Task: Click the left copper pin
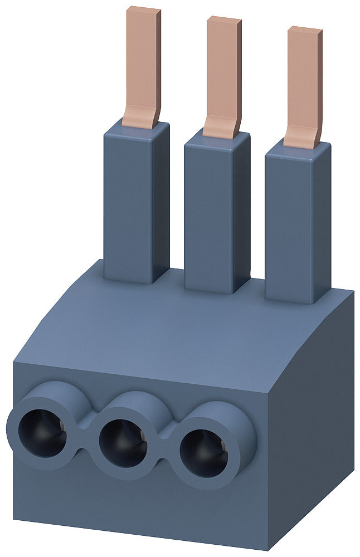coord(142,61)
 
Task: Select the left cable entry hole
coord(42,432)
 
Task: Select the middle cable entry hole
coord(123,442)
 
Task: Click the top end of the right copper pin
coord(305,30)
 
